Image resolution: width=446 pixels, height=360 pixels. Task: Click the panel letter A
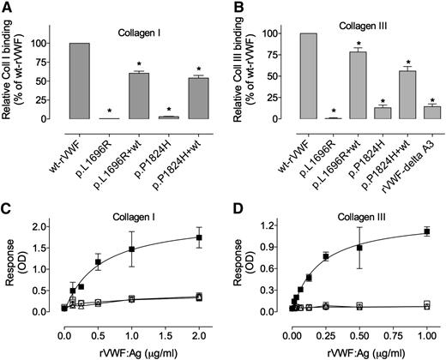tap(7, 7)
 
